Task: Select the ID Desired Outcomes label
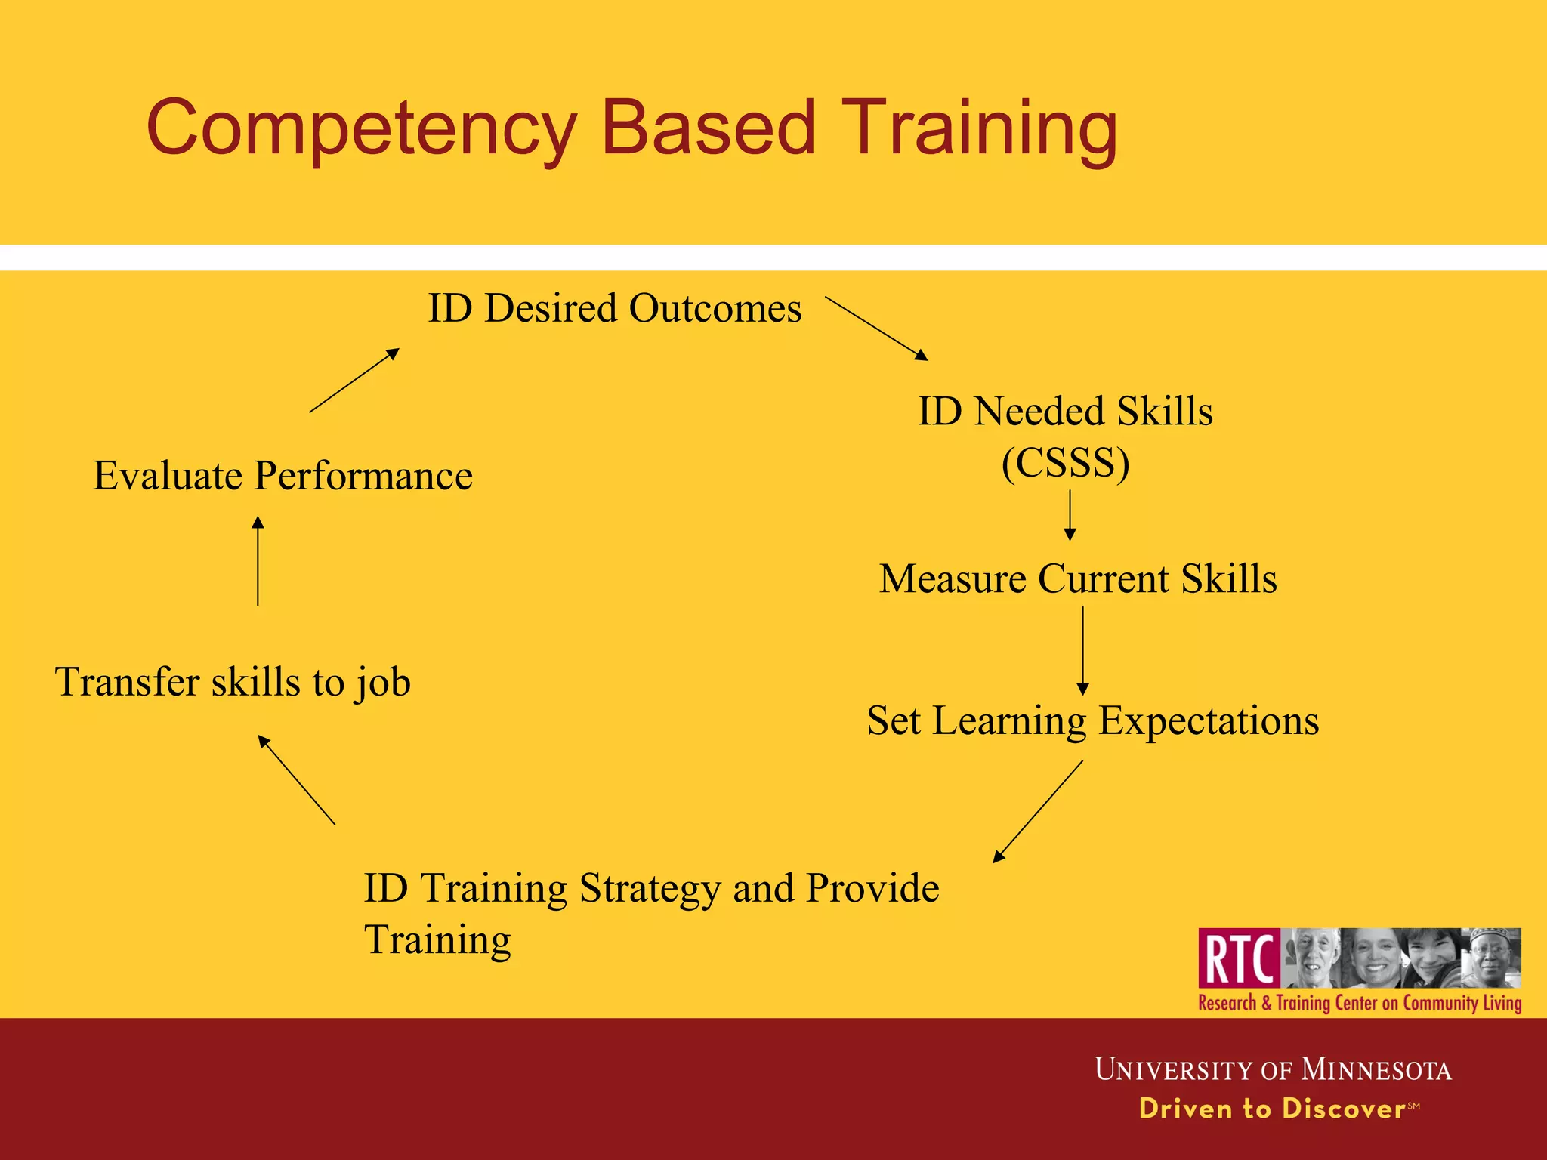[615, 308]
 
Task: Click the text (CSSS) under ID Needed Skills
[1065, 462]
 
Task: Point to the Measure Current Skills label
[1078, 579]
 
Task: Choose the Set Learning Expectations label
[1092, 720]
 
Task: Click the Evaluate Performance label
[283, 476]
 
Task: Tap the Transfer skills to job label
[233, 682]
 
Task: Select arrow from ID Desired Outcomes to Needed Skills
[876, 328]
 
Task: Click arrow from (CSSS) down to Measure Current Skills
[1070, 515]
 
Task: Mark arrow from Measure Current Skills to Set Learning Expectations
[1082, 649]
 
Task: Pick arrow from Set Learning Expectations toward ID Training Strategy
[1038, 811]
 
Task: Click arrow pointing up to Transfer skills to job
[297, 780]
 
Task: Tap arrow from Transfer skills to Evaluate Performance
[258, 560]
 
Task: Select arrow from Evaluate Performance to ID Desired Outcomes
[354, 380]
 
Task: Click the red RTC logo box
[1239, 958]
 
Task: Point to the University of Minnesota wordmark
[1273, 1069]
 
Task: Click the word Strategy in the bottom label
[650, 888]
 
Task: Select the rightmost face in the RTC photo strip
[1490, 958]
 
